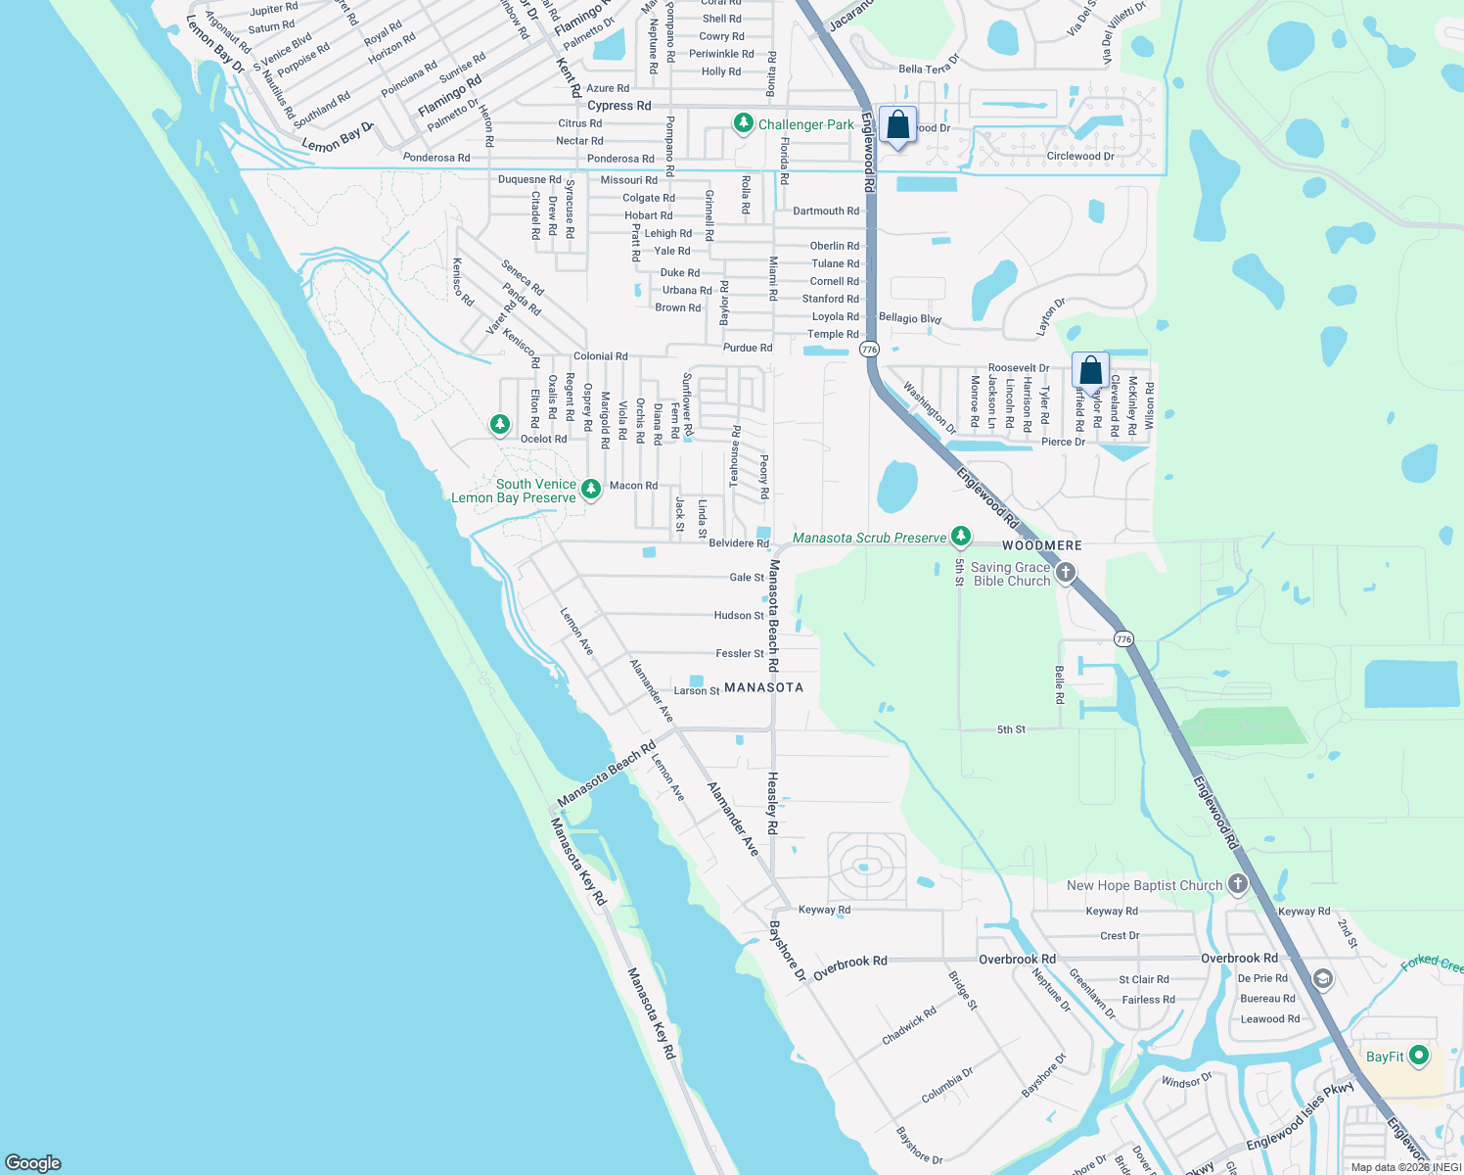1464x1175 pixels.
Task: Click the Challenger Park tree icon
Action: point(744,123)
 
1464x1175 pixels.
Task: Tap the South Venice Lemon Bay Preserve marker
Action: point(590,489)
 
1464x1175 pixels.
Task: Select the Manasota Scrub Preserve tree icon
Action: point(961,536)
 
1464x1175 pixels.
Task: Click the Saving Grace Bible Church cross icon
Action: point(1066,572)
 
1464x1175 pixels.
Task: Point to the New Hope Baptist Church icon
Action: point(1238,884)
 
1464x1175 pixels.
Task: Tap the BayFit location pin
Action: point(1419,1056)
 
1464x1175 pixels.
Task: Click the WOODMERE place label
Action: point(1041,545)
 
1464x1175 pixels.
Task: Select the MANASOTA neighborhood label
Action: point(763,687)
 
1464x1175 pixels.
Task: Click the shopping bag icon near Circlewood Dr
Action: point(897,126)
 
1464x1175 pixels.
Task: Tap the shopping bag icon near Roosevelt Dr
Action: point(1090,372)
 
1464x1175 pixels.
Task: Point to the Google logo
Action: point(33,1162)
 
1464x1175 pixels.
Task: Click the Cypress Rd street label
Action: point(618,106)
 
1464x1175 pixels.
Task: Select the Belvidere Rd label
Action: point(739,543)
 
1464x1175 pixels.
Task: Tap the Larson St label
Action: point(697,691)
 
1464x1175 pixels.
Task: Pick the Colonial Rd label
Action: point(600,356)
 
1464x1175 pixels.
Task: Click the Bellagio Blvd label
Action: point(910,318)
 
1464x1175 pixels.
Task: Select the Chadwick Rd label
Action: point(909,1025)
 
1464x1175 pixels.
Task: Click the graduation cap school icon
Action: point(1322,979)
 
